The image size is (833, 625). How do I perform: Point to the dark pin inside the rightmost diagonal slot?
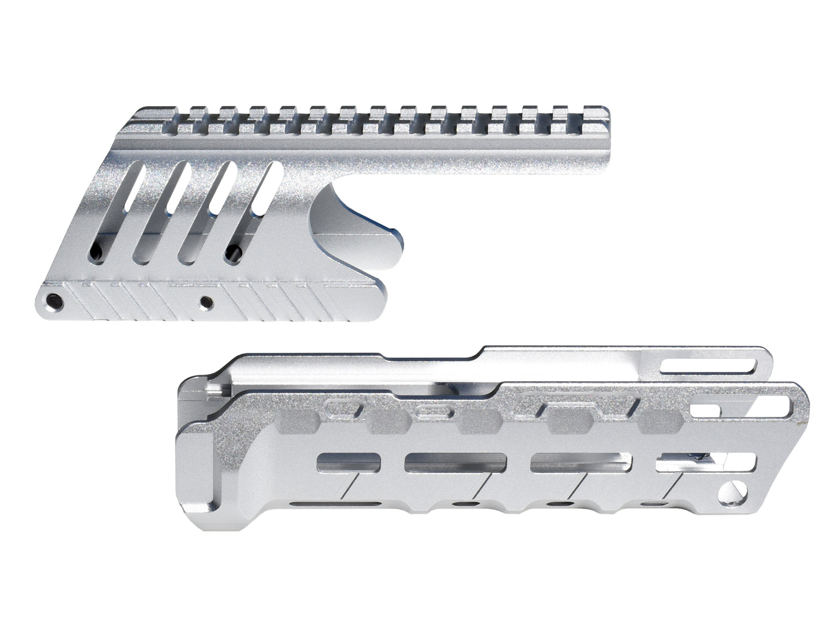pos(233,251)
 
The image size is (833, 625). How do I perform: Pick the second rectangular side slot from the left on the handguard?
pos(455,461)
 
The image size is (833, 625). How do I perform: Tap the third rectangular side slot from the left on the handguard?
pos(581,461)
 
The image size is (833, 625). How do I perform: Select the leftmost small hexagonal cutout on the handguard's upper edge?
pos(344,409)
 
